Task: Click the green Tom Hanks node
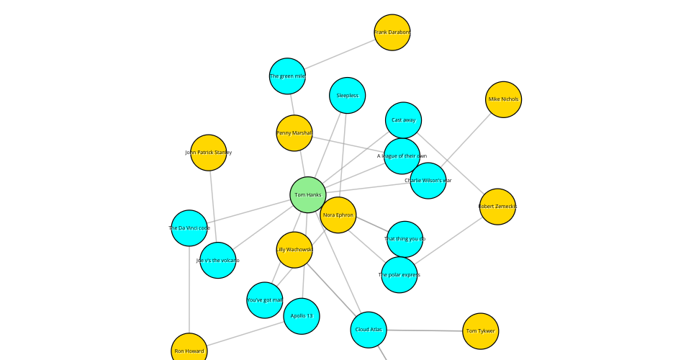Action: click(308, 194)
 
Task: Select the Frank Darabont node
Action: click(392, 32)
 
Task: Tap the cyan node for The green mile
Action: click(287, 76)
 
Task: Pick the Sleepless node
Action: click(347, 95)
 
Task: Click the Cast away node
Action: click(403, 120)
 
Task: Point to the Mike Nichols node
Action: click(503, 99)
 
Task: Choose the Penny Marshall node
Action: click(294, 133)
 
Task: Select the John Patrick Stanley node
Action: click(209, 153)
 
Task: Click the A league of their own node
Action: click(402, 156)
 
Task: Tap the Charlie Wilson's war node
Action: click(428, 181)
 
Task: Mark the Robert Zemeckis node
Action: click(497, 207)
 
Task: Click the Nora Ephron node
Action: click(338, 215)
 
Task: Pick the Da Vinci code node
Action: click(189, 228)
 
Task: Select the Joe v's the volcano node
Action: click(217, 260)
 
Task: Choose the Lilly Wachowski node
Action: click(294, 249)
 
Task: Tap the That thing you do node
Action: click(405, 238)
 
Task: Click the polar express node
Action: click(399, 274)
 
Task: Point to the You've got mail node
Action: click(264, 300)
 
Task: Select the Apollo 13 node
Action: click(301, 315)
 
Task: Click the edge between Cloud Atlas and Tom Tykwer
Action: click(425, 330)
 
